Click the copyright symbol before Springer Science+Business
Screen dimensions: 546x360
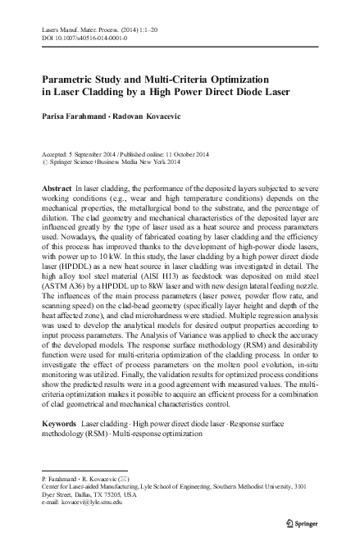[43, 162]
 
